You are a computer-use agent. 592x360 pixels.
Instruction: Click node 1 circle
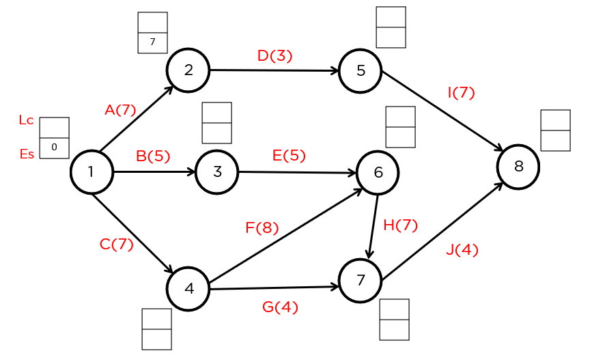point(91,171)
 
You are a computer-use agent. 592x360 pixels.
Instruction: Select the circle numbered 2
point(188,70)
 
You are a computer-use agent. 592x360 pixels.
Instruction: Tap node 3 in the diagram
point(217,171)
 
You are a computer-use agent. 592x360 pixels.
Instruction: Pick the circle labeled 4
point(188,288)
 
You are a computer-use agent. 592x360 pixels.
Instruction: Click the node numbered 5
point(361,70)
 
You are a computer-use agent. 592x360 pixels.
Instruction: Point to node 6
point(378,173)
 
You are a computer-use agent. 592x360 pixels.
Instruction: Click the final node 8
point(518,166)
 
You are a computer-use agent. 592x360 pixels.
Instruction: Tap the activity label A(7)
point(120,109)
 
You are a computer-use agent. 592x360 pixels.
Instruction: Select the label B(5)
point(153,156)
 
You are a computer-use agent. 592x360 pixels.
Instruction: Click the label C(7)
point(116,244)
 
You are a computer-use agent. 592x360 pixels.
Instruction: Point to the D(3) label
point(274,56)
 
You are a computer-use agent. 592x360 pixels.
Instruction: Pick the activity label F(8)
point(262,228)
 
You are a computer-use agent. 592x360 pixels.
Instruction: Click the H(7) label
point(400,225)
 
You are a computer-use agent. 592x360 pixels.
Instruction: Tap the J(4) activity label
point(462,250)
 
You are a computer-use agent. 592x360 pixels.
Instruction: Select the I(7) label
point(461,93)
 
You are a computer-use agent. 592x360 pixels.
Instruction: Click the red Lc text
point(26,120)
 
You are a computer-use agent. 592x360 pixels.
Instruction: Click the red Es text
point(26,154)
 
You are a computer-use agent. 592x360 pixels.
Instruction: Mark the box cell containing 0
point(54,148)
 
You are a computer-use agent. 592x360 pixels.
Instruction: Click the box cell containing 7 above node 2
point(152,42)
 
